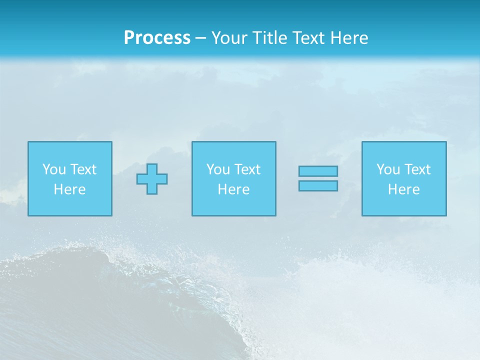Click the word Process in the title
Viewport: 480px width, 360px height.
tap(157, 38)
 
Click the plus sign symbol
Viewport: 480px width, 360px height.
tap(152, 179)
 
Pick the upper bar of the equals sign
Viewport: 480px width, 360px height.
tap(318, 171)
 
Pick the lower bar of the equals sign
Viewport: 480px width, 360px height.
tap(318, 186)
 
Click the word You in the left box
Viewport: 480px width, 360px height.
tap(54, 169)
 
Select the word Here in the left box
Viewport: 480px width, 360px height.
tap(69, 189)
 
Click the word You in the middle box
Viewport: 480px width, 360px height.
tap(218, 169)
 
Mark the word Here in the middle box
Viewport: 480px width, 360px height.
tap(233, 189)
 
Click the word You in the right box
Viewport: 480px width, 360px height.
tap(388, 169)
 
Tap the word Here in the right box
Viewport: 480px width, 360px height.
tap(403, 189)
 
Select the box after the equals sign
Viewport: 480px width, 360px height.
tap(404, 205)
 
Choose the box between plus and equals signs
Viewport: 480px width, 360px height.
tap(233, 205)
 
